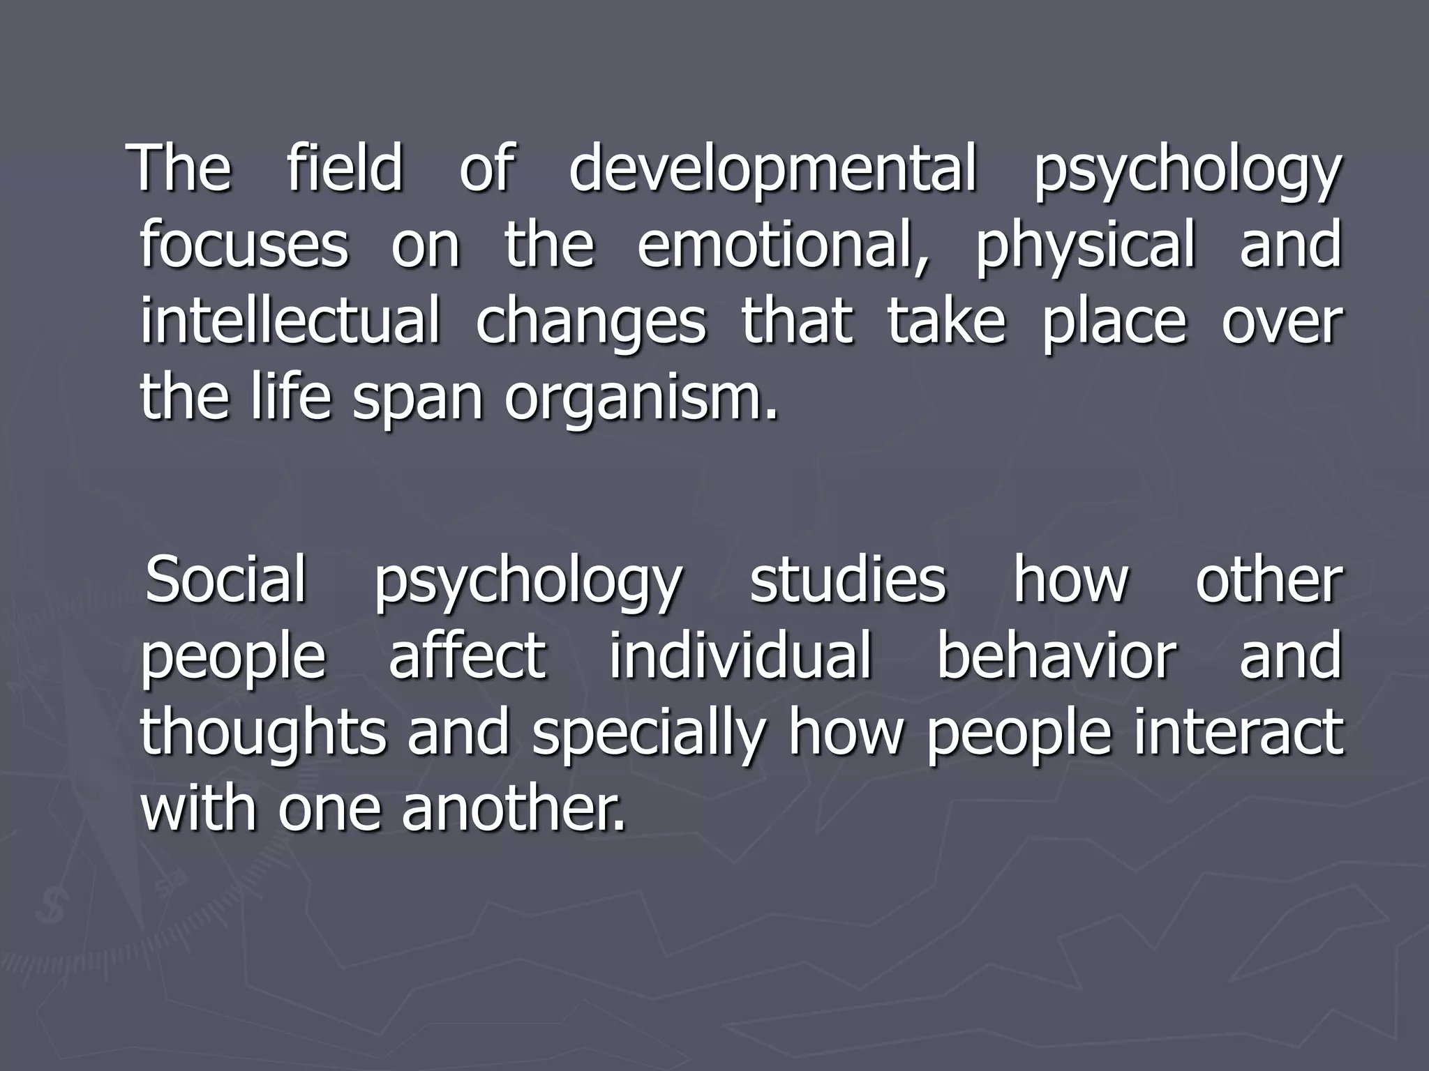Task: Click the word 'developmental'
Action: tap(772, 169)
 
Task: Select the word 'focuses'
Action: tap(244, 245)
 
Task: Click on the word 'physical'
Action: tap(1085, 246)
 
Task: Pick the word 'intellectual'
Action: tap(290, 321)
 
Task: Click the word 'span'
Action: tap(417, 399)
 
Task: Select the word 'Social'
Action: tap(225, 579)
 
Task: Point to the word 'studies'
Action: tap(847, 579)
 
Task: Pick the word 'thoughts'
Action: tap(263, 733)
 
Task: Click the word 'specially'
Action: tap(649, 734)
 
